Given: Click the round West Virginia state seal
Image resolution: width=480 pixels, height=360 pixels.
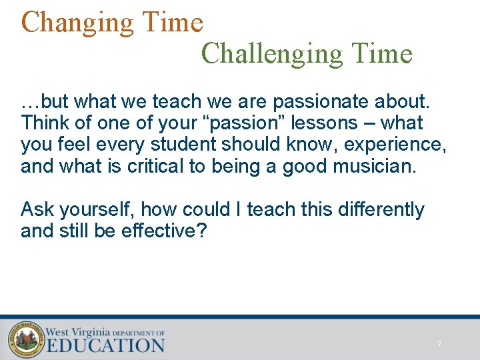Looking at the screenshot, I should [x=25, y=339].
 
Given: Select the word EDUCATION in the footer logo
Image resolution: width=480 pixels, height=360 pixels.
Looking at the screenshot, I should [x=105, y=345].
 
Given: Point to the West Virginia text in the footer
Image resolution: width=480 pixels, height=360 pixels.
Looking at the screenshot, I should [x=77, y=331].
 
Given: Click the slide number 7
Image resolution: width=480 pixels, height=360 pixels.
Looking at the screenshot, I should [x=439, y=344].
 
